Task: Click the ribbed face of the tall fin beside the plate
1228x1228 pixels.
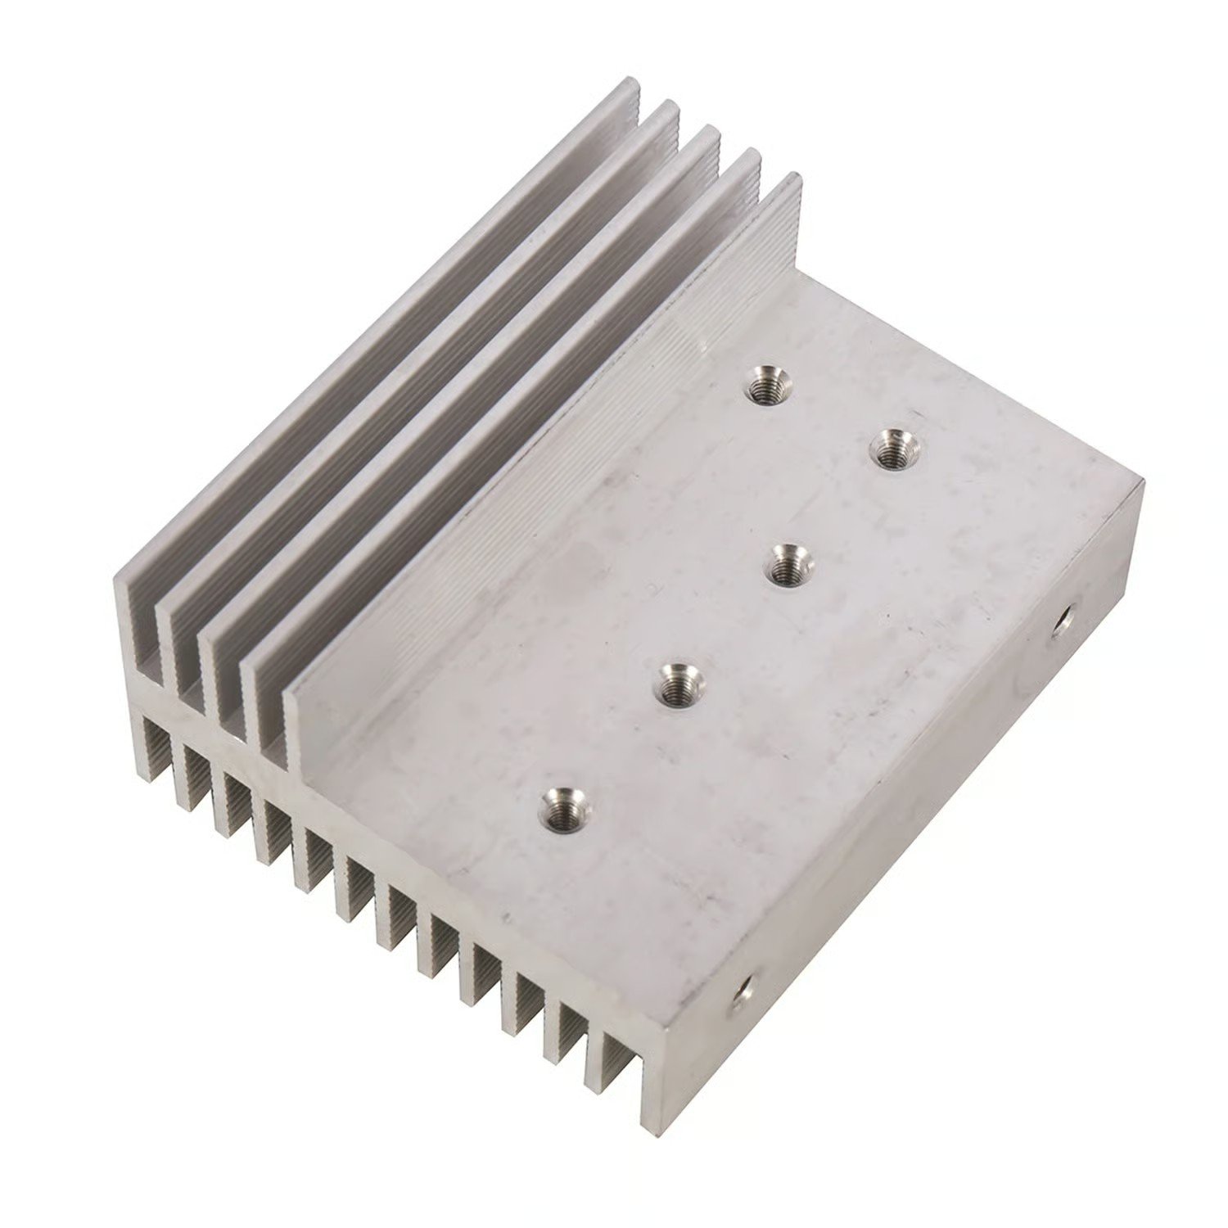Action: tap(540, 458)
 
